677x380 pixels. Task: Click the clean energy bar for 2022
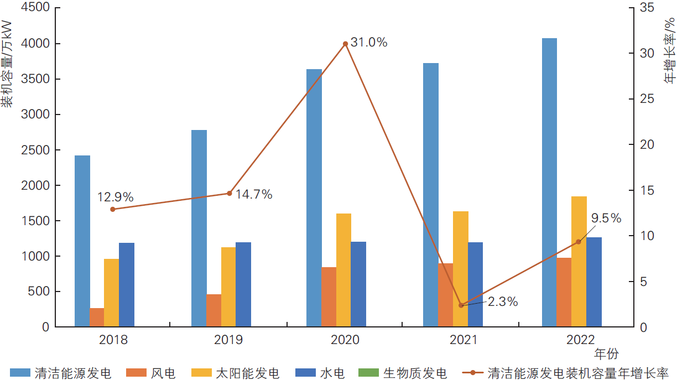pyautogui.click(x=549, y=183)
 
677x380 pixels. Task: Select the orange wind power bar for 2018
pyautogui.click(x=97, y=317)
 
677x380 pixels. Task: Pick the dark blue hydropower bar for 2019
pyautogui.click(x=243, y=284)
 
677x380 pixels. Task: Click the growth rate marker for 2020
pyautogui.click(x=345, y=44)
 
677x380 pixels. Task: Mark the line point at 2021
pyautogui.click(x=461, y=305)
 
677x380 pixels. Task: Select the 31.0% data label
pyautogui.click(x=369, y=42)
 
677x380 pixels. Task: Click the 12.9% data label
pyautogui.click(x=116, y=197)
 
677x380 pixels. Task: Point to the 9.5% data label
pyautogui.click(x=606, y=218)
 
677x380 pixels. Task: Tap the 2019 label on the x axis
pyautogui.click(x=229, y=340)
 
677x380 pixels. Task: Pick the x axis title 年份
pyautogui.click(x=606, y=353)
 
